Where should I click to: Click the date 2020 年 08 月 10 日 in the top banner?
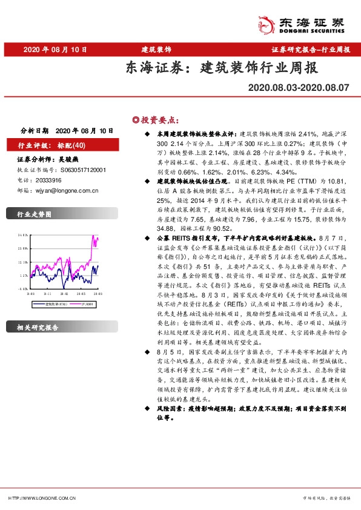click(56, 49)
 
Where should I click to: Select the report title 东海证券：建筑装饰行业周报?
click(221, 67)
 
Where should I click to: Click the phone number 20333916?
click(48, 180)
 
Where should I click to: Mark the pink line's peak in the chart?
click(95, 236)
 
